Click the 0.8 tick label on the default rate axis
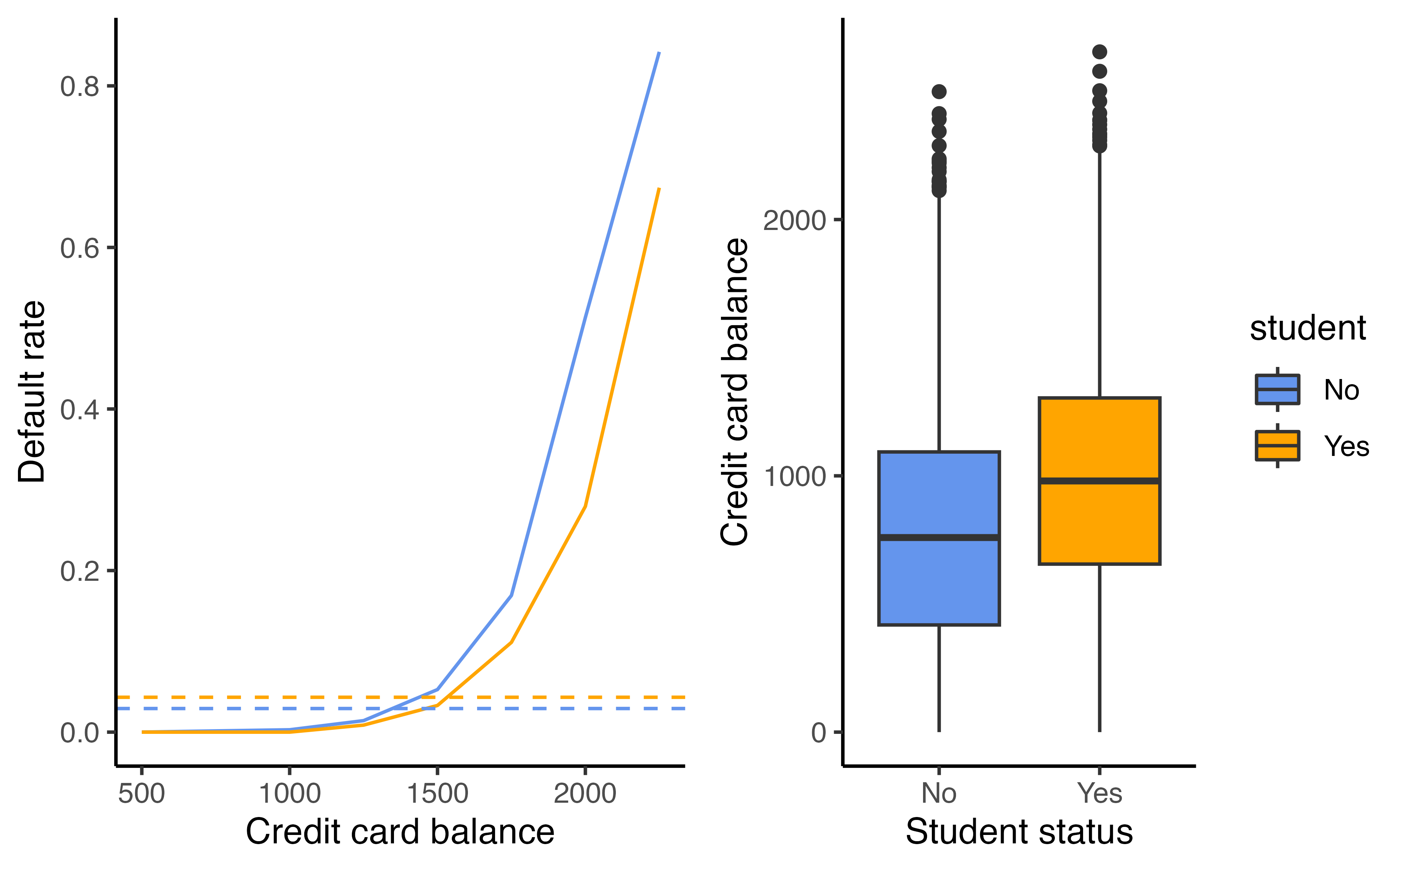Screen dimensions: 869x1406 pos(79,87)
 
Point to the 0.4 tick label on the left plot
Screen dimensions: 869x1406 pos(79,410)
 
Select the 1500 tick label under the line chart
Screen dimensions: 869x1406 pos(437,794)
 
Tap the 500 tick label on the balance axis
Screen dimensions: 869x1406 pos(141,794)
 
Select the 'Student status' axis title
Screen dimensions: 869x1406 pos(1019,832)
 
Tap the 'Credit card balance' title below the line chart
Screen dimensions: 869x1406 pos(400,832)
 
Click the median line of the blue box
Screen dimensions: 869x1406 pos(939,537)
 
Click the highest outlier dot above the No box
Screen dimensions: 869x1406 pos(939,92)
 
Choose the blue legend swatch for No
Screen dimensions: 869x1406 pos(1277,390)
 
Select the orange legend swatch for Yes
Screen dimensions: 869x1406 pos(1277,445)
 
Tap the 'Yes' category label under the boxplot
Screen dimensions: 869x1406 pos(1099,794)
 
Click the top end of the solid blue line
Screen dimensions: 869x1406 pos(658,53)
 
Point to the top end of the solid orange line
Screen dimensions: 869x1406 pos(658,189)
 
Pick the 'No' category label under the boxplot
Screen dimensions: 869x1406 pos(939,794)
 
